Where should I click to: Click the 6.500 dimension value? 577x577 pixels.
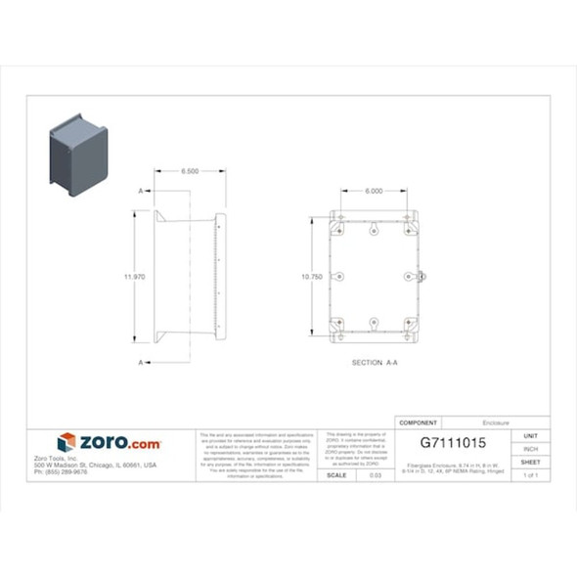pyautogui.click(x=190, y=171)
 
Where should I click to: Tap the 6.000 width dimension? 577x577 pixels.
pyautogui.click(x=374, y=191)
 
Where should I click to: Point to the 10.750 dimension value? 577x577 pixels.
pyautogui.click(x=312, y=277)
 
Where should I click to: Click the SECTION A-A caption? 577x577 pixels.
pyautogui.click(x=375, y=362)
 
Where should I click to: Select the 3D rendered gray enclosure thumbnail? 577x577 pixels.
pyautogui.click(x=79, y=154)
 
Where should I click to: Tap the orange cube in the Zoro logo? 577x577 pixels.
pyautogui.click(x=67, y=443)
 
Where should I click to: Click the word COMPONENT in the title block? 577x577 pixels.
pyautogui.click(x=420, y=422)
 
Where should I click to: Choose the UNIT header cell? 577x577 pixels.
pyautogui.click(x=531, y=435)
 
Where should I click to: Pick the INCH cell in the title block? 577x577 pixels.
pyautogui.click(x=531, y=448)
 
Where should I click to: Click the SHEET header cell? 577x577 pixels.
pyautogui.click(x=531, y=462)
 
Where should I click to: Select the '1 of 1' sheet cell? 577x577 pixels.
pyautogui.click(x=531, y=475)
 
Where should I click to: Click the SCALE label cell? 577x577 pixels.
pyautogui.click(x=337, y=475)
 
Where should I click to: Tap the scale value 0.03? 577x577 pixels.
pyautogui.click(x=376, y=475)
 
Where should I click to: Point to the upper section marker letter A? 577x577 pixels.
pyautogui.click(x=142, y=190)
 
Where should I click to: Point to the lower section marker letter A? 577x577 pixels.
pyautogui.click(x=142, y=363)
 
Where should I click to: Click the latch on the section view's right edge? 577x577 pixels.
pyautogui.click(x=422, y=277)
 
